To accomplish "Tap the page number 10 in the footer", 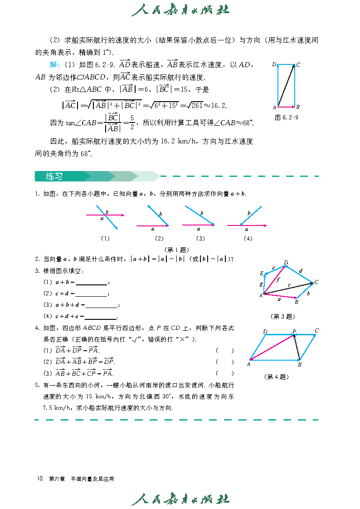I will (40, 479).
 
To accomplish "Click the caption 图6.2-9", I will (287, 117).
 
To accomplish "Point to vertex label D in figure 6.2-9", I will (274, 65).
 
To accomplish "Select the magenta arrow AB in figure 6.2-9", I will (286, 107).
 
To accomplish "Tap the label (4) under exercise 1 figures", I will (248, 238).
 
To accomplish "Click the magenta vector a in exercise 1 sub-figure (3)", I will (198, 224).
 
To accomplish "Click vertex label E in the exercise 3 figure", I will (262, 274).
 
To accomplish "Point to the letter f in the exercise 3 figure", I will (278, 280).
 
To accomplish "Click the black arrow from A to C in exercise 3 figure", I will (288, 289).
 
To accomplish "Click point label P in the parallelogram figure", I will (294, 331).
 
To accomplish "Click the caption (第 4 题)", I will (276, 376).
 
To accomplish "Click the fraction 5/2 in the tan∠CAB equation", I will (132, 122).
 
